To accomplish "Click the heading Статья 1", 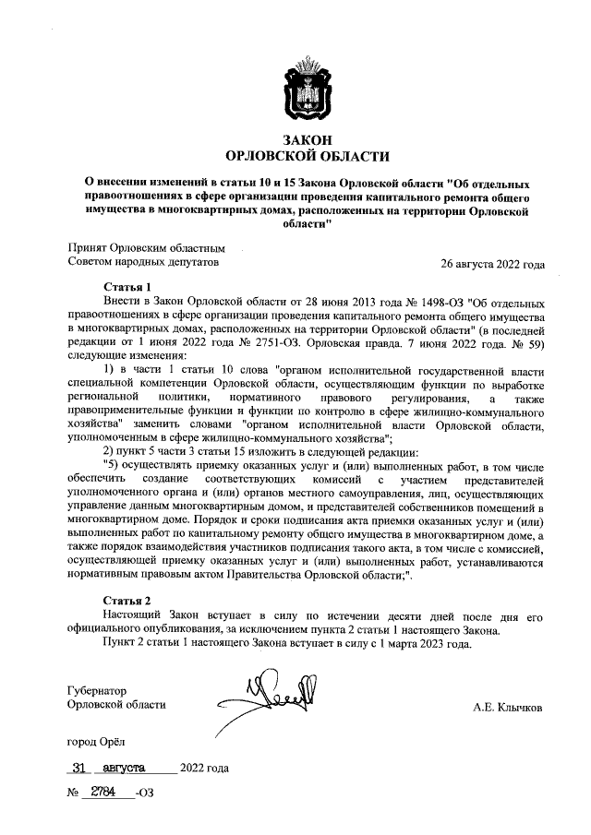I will pos(127,286).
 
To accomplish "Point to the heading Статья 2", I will pos(127,600).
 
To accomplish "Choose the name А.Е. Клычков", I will pos(508,708).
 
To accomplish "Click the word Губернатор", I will pos(97,690).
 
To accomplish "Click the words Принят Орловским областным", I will pos(146,248).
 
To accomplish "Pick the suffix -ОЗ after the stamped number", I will pos(144,793).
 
